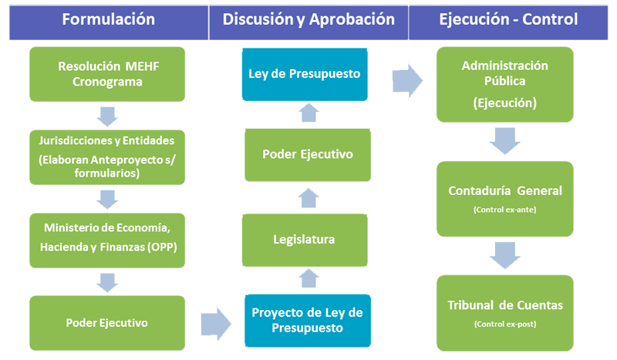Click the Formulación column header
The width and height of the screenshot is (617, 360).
coord(108,19)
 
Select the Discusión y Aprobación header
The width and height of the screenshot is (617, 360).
coord(308,19)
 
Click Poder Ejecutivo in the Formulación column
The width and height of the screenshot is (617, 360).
coord(106,322)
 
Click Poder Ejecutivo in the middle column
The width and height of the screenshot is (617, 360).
coord(308,154)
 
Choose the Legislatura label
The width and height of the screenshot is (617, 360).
coord(304,240)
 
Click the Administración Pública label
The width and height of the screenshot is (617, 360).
coord(504,74)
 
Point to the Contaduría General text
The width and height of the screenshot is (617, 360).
coord(505,191)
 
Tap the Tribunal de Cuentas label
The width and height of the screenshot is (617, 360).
coord(505,305)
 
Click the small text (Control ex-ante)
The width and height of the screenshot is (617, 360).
coord(505,210)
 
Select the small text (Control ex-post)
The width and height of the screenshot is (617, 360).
coord(505,325)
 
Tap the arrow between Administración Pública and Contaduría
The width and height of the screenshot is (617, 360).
coord(504,140)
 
